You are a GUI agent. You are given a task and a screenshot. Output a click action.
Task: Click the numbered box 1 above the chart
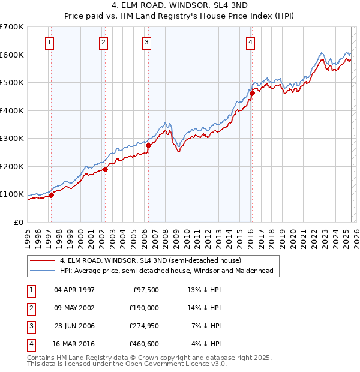click(49, 42)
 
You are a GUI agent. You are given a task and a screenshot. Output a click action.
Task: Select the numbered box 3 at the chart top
click(146, 42)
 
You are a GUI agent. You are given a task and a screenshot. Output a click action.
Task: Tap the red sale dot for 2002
click(105, 169)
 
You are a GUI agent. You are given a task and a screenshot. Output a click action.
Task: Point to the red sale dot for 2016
click(253, 93)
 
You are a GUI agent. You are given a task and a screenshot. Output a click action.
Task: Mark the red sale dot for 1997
click(51, 194)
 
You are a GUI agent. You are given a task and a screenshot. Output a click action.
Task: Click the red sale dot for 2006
click(148, 145)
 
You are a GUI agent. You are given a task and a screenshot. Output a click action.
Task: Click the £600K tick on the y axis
click(11, 55)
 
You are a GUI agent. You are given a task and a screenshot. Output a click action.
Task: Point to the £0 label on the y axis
click(19, 222)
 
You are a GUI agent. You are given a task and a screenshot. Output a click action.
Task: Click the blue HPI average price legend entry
click(166, 271)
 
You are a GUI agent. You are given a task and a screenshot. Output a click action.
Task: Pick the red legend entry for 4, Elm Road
click(150, 260)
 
